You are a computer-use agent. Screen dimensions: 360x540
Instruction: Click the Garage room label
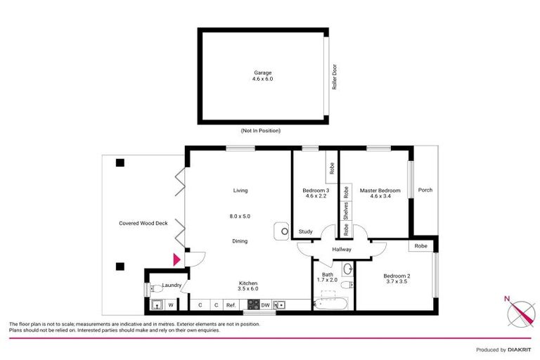tap(262, 72)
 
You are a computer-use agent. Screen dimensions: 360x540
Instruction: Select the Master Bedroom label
tap(380, 191)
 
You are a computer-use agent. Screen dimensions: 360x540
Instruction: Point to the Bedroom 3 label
tap(316, 191)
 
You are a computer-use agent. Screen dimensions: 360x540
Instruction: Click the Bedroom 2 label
tap(396, 276)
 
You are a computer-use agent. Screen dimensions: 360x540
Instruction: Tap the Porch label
tap(425, 190)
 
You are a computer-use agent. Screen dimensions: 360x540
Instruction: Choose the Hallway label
tap(341, 250)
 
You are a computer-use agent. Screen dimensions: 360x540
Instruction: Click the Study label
tap(305, 231)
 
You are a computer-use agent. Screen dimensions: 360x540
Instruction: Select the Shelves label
tap(346, 210)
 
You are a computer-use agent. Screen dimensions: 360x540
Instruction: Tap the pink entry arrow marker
tap(176, 259)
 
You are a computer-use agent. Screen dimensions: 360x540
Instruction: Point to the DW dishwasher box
tap(265, 304)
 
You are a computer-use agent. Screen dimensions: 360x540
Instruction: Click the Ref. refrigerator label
tap(231, 304)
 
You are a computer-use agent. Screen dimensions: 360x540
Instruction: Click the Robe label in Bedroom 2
tap(420, 246)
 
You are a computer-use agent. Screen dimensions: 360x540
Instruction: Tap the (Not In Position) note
tap(260, 131)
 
